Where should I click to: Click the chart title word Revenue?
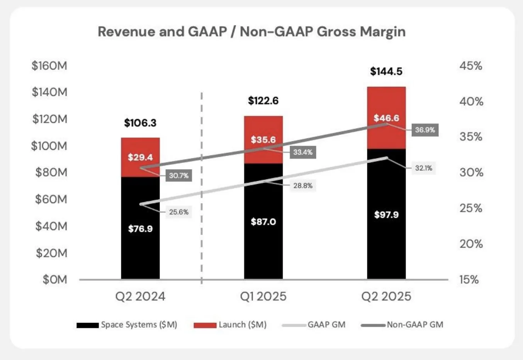pyautogui.click(x=126, y=32)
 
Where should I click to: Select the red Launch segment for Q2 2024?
pyautogui.click(x=140, y=157)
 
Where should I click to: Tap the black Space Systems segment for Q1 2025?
pyautogui.click(x=263, y=221)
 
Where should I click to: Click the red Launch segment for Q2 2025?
pyautogui.click(x=386, y=118)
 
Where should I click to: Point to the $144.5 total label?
pyautogui.click(x=386, y=71)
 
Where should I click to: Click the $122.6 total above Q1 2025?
pyautogui.click(x=263, y=101)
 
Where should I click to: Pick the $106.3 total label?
pyautogui.click(x=140, y=123)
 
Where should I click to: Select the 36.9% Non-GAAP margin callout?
pyautogui.click(x=425, y=130)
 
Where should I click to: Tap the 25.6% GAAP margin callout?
pyautogui.click(x=178, y=212)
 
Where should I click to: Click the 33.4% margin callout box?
pyautogui.click(x=303, y=152)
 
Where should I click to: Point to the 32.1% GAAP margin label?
pyautogui.click(x=424, y=168)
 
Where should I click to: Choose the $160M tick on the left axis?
pyautogui.click(x=49, y=66)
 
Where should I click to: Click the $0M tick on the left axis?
pyautogui.click(x=55, y=279)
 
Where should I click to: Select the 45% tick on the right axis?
pyautogui.click(x=471, y=66)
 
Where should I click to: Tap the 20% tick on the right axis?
pyautogui.click(x=471, y=244)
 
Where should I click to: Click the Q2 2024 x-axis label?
pyautogui.click(x=140, y=297)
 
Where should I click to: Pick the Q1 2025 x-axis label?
pyautogui.click(x=263, y=297)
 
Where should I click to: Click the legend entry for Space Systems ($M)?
pyautogui.click(x=127, y=325)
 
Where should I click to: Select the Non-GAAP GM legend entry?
pyautogui.click(x=402, y=325)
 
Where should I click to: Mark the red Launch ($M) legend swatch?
pyautogui.click(x=205, y=325)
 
